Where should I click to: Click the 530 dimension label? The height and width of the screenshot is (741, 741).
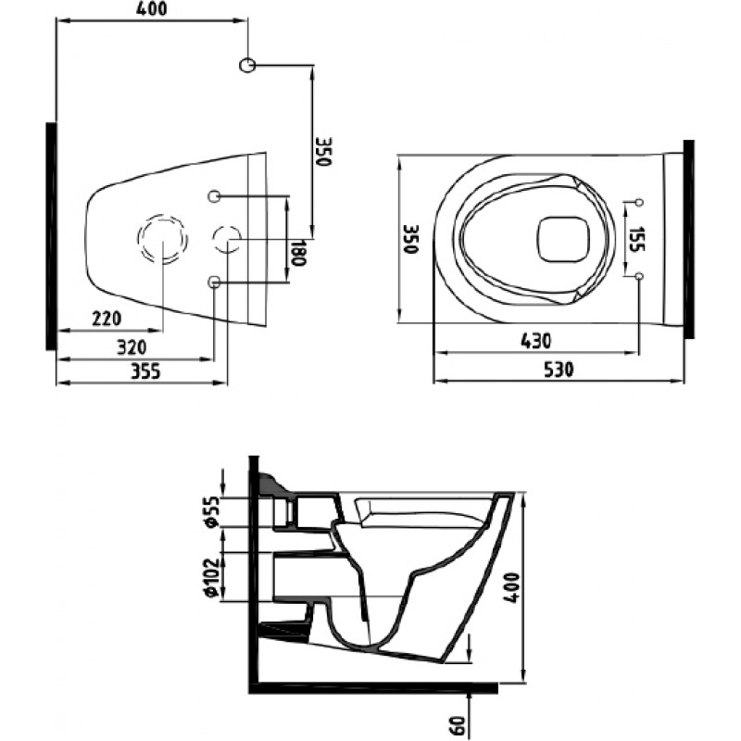(x=559, y=370)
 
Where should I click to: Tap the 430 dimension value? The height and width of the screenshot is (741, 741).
(x=535, y=341)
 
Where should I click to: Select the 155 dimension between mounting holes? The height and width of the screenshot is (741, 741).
(x=637, y=239)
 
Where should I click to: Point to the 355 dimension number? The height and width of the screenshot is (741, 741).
(x=145, y=371)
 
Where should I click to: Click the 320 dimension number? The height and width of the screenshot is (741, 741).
(x=132, y=348)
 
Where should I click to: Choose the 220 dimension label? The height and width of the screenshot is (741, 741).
(x=107, y=319)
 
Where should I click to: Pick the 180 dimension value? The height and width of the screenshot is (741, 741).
(x=298, y=252)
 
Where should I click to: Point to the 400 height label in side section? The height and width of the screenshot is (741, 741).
(x=511, y=587)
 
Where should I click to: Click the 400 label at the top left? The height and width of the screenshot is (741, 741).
(x=151, y=8)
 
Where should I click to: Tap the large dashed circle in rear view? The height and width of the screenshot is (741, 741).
(x=163, y=239)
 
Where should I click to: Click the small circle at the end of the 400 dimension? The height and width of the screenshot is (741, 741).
(x=247, y=65)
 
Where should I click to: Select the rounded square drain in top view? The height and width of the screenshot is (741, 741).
(x=563, y=239)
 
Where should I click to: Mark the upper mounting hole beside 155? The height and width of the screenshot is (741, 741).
(x=639, y=202)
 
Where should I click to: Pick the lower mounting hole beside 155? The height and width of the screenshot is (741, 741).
(x=639, y=275)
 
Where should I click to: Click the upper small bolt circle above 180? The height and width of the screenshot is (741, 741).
(x=214, y=195)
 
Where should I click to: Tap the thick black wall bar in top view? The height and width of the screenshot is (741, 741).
(x=688, y=239)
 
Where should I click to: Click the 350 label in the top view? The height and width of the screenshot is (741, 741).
(x=411, y=239)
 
